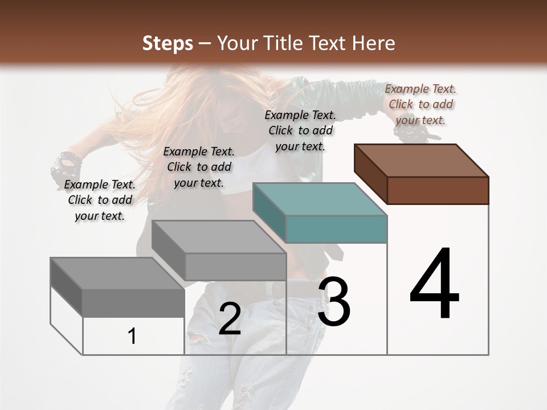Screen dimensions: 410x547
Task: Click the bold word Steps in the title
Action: pos(168,43)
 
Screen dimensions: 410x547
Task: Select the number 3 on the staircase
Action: pos(334,302)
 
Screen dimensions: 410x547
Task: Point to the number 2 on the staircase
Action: pos(230,319)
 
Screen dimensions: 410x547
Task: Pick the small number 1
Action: pos(132,337)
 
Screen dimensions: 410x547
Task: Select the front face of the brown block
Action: pos(438,190)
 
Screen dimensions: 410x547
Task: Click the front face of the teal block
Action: pos(336,229)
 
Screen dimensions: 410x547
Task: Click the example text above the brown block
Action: pos(421,104)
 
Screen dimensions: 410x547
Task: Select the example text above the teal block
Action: pos(300,130)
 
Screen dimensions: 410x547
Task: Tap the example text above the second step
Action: pos(199,167)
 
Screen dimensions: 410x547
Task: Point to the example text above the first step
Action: pos(100,200)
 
